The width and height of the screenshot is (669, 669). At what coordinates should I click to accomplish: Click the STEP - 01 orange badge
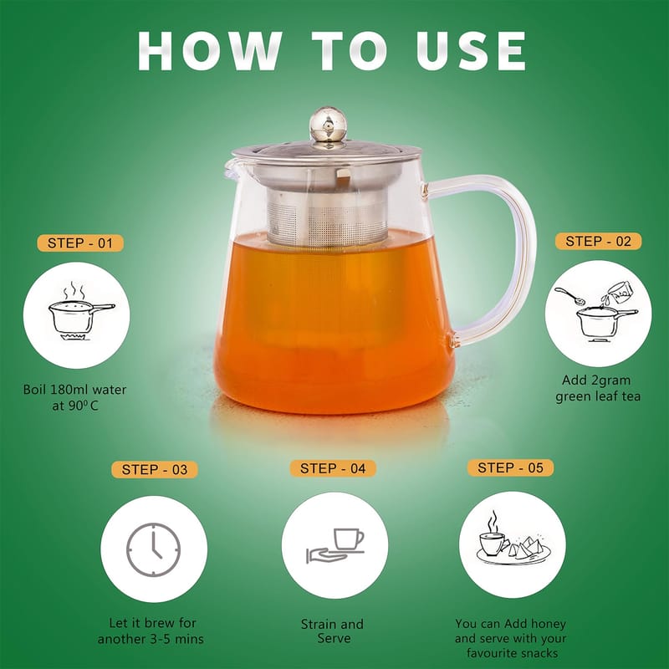coord(79,243)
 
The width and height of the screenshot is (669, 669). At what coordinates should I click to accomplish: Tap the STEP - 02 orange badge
coord(598,242)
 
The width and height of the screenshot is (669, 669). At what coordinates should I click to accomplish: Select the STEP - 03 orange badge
coord(155,470)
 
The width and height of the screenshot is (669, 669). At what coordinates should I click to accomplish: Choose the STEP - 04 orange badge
coord(333,468)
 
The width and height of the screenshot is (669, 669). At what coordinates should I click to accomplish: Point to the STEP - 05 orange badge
coord(510,467)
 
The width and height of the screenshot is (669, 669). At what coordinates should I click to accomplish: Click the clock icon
coord(154,550)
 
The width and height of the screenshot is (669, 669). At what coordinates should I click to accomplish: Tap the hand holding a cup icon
coord(335,547)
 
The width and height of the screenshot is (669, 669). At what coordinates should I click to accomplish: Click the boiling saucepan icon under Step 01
coord(81,311)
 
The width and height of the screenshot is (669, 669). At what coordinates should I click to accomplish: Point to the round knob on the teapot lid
coord(328,124)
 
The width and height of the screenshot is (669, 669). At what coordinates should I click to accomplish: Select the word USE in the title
coord(471,51)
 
